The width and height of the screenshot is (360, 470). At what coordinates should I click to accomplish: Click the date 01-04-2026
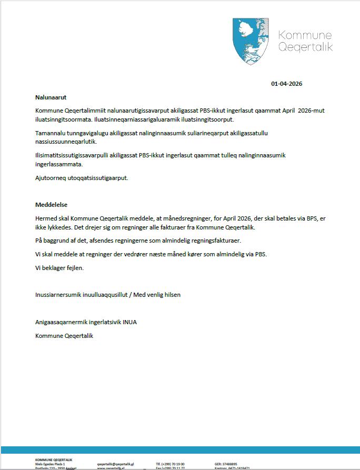(287, 84)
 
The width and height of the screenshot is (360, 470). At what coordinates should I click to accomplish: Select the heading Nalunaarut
(51, 97)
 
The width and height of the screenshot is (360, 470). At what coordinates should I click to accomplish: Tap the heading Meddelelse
(52, 205)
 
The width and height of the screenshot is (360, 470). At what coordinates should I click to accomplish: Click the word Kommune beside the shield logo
(305, 35)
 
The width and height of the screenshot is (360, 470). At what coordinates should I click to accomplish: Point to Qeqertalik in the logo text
(305, 47)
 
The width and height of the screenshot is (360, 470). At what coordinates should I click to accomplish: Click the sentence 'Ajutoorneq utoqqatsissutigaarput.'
(82, 178)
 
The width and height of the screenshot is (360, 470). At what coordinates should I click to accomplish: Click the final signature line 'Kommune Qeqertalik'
(64, 336)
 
